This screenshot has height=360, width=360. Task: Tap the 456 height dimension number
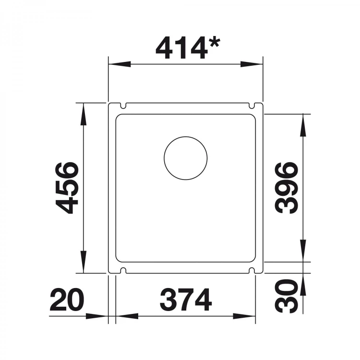pyautogui.click(x=66, y=188)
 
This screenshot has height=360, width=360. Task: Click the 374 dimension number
pyautogui.click(x=185, y=300)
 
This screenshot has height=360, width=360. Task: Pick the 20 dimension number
pyautogui.click(x=66, y=300)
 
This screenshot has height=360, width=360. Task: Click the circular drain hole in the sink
pyautogui.click(x=185, y=158)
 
